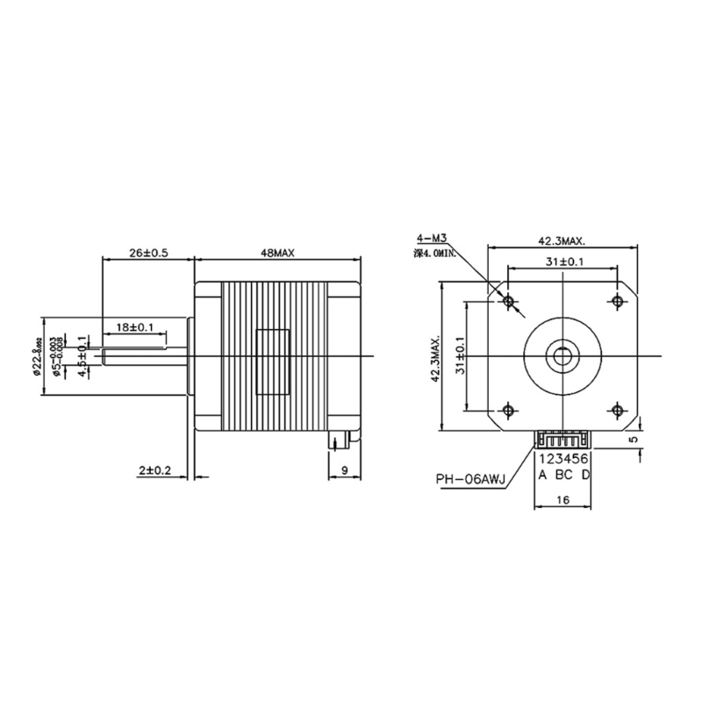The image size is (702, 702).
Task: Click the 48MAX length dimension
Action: (x=276, y=252)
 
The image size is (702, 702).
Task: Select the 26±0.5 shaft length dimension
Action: (x=147, y=252)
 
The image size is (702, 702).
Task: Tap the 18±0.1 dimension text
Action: (x=135, y=327)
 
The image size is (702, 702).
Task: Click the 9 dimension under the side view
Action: (x=344, y=470)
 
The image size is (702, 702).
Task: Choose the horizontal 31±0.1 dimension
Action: (x=562, y=261)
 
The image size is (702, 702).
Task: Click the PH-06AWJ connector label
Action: (x=470, y=480)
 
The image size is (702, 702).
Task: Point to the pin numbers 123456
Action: (x=562, y=459)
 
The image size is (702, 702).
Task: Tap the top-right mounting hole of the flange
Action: (x=617, y=301)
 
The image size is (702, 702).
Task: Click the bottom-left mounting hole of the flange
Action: (x=508, y=410)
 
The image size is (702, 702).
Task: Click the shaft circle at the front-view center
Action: (x=562, y=355)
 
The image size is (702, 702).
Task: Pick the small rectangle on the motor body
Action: (x=271, y=362)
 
